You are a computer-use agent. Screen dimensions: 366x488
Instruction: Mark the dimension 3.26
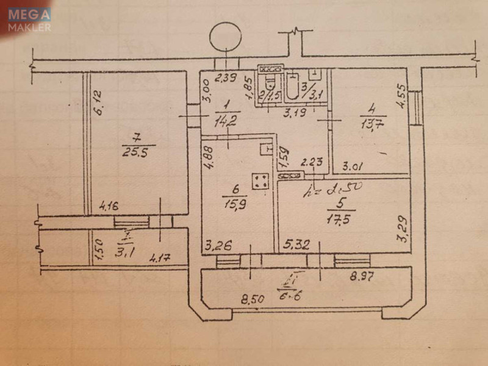(219, 247)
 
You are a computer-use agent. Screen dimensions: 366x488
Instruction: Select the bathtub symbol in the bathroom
(293, 88)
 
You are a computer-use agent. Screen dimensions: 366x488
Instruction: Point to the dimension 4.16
(110, 207)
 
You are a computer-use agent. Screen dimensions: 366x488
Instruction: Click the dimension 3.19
(298, 112)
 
